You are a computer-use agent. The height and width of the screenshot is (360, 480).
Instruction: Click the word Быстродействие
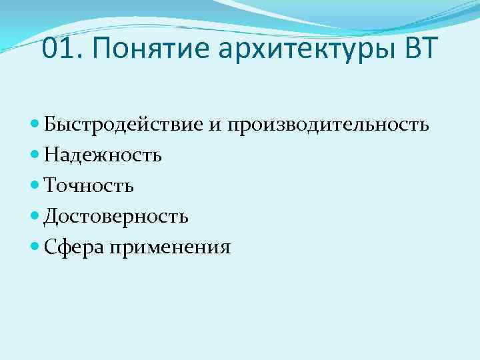[x=128, y=125]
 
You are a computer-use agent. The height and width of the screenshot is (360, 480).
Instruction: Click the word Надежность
[x=103, y=155]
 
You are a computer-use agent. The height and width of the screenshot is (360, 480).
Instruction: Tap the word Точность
[x=89, y=186]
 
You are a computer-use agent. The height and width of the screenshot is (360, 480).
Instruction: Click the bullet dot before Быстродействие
[x=35, y=125]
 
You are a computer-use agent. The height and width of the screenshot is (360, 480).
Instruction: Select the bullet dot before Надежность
[x=35, y=155]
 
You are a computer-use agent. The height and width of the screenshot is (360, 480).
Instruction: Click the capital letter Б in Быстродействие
[x=49, y=125]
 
